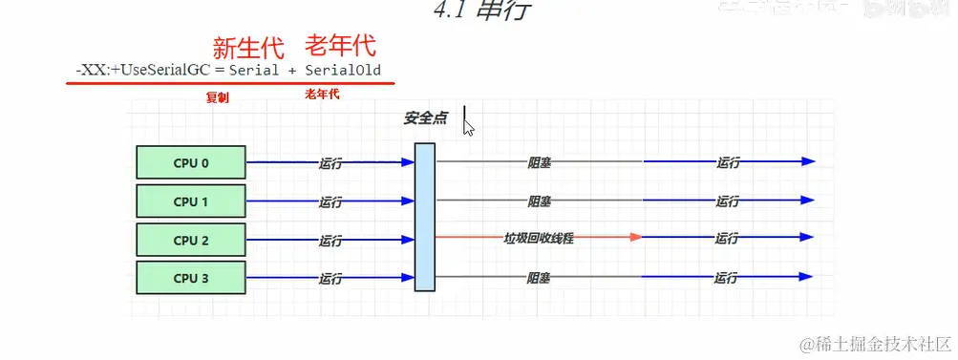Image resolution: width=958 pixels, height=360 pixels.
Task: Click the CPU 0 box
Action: (191, 163)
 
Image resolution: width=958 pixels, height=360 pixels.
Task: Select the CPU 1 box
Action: (191, 201)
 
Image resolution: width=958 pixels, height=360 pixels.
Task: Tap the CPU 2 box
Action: (191, 240)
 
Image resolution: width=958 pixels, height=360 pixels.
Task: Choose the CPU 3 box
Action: (191, 278)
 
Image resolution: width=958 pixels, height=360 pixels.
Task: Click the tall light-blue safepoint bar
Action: (425, 216)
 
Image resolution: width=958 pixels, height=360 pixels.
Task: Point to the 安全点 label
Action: (425, 119)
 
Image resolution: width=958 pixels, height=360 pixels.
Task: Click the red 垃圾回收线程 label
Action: (540, 237)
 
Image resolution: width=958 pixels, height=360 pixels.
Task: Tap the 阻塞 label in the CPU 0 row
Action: (540, 162)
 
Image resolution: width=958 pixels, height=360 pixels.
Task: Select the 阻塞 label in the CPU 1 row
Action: (540, 201)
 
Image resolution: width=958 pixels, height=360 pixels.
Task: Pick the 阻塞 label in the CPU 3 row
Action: (540, 278)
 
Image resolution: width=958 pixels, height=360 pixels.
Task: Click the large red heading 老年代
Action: (340, 45)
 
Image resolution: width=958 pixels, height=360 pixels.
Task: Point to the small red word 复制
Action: (218, 96)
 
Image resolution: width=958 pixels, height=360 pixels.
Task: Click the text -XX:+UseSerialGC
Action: (144, 70)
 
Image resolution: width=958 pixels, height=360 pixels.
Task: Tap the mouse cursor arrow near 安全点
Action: (468, 126)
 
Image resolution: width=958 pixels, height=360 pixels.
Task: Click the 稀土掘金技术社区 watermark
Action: (874, 343)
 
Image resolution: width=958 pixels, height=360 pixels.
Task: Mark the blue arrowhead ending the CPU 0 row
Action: (809, 161)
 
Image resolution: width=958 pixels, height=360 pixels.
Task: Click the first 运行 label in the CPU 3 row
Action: (331, 278)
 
